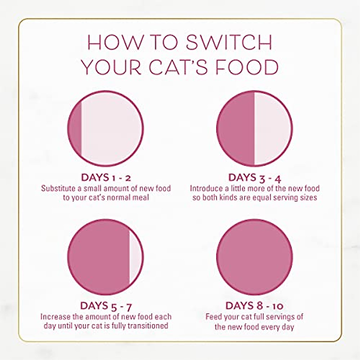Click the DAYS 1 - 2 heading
[106, 178]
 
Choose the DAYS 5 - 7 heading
[106, 306]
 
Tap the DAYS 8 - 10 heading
[254, 306]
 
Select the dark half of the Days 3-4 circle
[236, 128]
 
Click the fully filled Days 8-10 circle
[254, 257]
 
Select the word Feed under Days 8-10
[213, 317]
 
